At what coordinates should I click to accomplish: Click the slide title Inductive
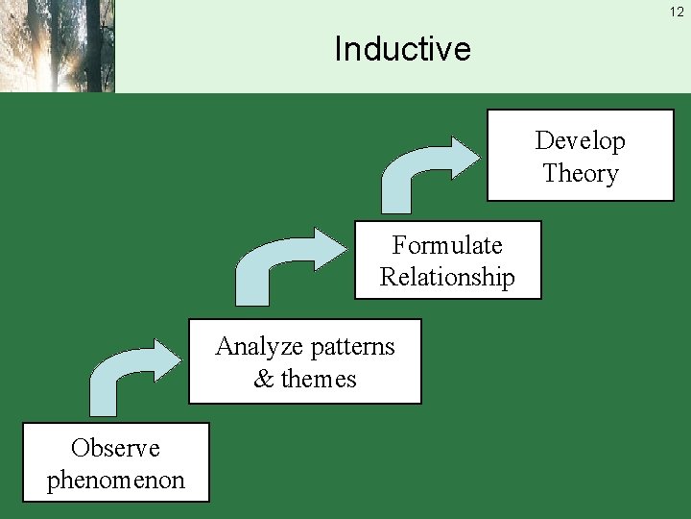(x=402, y=48)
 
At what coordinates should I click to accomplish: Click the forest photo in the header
(x=57, y=45)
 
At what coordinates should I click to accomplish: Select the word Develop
(x=580, y=141)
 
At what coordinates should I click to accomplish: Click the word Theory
(x=580, y=174)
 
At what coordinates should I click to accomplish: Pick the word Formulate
(x=446, y=245)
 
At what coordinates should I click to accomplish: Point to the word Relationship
(x=446, y=278)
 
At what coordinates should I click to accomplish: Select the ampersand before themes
(x=263, y=380)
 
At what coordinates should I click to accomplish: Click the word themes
(x=319, y=380)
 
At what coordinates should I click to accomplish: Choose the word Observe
(x=115, y=448)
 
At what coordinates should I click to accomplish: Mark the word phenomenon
(x=115, y=481)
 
